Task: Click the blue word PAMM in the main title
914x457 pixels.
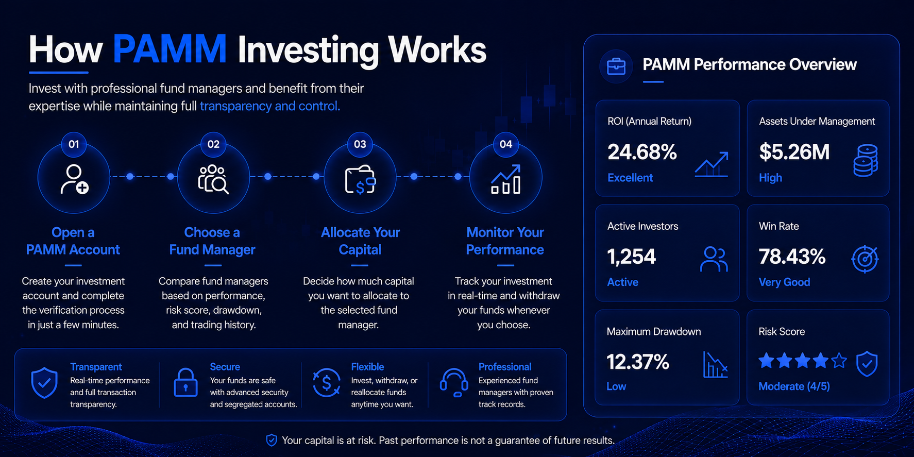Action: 170,49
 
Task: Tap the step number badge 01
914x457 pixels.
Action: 74,144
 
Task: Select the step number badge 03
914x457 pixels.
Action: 360,144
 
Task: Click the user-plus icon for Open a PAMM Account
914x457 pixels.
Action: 74,179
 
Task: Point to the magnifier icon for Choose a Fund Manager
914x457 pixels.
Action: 213,179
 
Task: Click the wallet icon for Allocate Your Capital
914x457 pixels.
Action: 360,180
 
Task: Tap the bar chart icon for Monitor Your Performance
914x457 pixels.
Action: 505,179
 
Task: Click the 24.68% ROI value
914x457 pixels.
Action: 642,152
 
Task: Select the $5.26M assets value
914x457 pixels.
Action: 794,152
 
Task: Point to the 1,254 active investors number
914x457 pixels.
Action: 632,257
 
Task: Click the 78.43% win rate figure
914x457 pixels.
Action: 792,257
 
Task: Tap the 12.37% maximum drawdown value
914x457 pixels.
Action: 638,362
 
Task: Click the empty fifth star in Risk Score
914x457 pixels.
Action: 839,360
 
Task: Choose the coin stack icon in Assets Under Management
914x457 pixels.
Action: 866,161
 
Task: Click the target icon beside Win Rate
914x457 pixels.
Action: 865,259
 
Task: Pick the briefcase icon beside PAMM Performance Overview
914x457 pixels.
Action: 616,66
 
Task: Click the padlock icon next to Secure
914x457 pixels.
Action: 185,382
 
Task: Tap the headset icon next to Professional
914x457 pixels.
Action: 454,383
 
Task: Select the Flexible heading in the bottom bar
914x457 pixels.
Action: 367,367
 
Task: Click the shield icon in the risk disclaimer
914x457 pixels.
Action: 271,440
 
